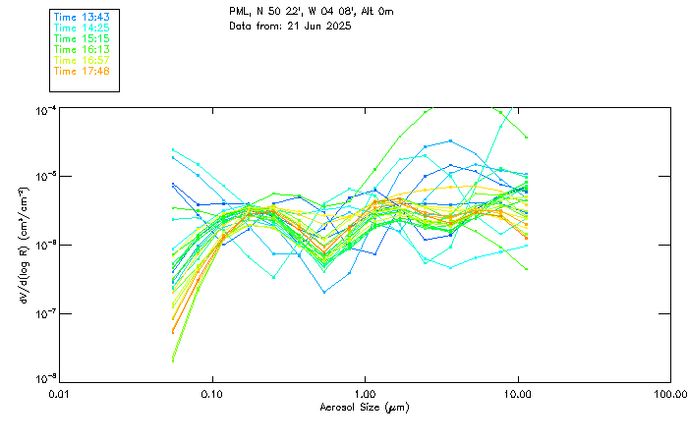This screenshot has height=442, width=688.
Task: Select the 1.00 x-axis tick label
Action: pos(365,393)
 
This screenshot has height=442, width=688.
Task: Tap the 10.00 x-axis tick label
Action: pos(517,393)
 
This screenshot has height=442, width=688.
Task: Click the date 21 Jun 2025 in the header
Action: pos(316,25)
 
